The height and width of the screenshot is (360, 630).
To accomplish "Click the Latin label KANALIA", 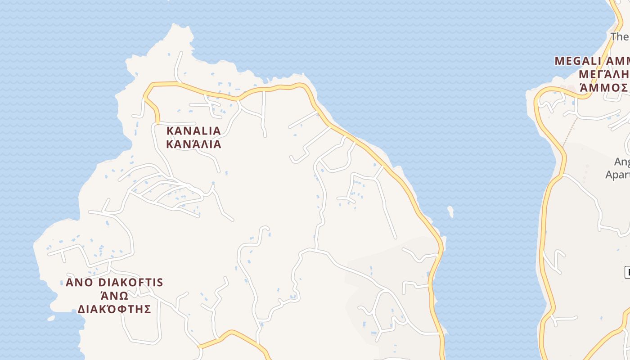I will [x=193, y=131].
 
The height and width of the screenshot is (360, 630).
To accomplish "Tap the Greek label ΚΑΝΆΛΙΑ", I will [x=193, y=144].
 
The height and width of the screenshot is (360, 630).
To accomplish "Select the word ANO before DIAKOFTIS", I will [x=79, y=283].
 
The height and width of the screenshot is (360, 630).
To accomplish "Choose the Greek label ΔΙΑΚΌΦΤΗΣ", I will [x=114, y=310].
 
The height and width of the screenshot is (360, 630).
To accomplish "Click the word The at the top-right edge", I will [x=619, y=36].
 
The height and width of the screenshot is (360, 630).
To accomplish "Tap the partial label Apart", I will [x=617, y=175].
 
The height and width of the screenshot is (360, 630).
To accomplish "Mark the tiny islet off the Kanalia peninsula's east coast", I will [x=450, y=211].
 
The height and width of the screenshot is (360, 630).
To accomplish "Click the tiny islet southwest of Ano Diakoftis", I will [x=51, y=318].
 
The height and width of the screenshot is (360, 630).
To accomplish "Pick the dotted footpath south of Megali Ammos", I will [x=570, y=131].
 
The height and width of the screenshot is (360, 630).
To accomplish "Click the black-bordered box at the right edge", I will [x=627, y=272].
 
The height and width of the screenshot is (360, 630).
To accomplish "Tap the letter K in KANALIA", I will [x=170, y=131].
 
